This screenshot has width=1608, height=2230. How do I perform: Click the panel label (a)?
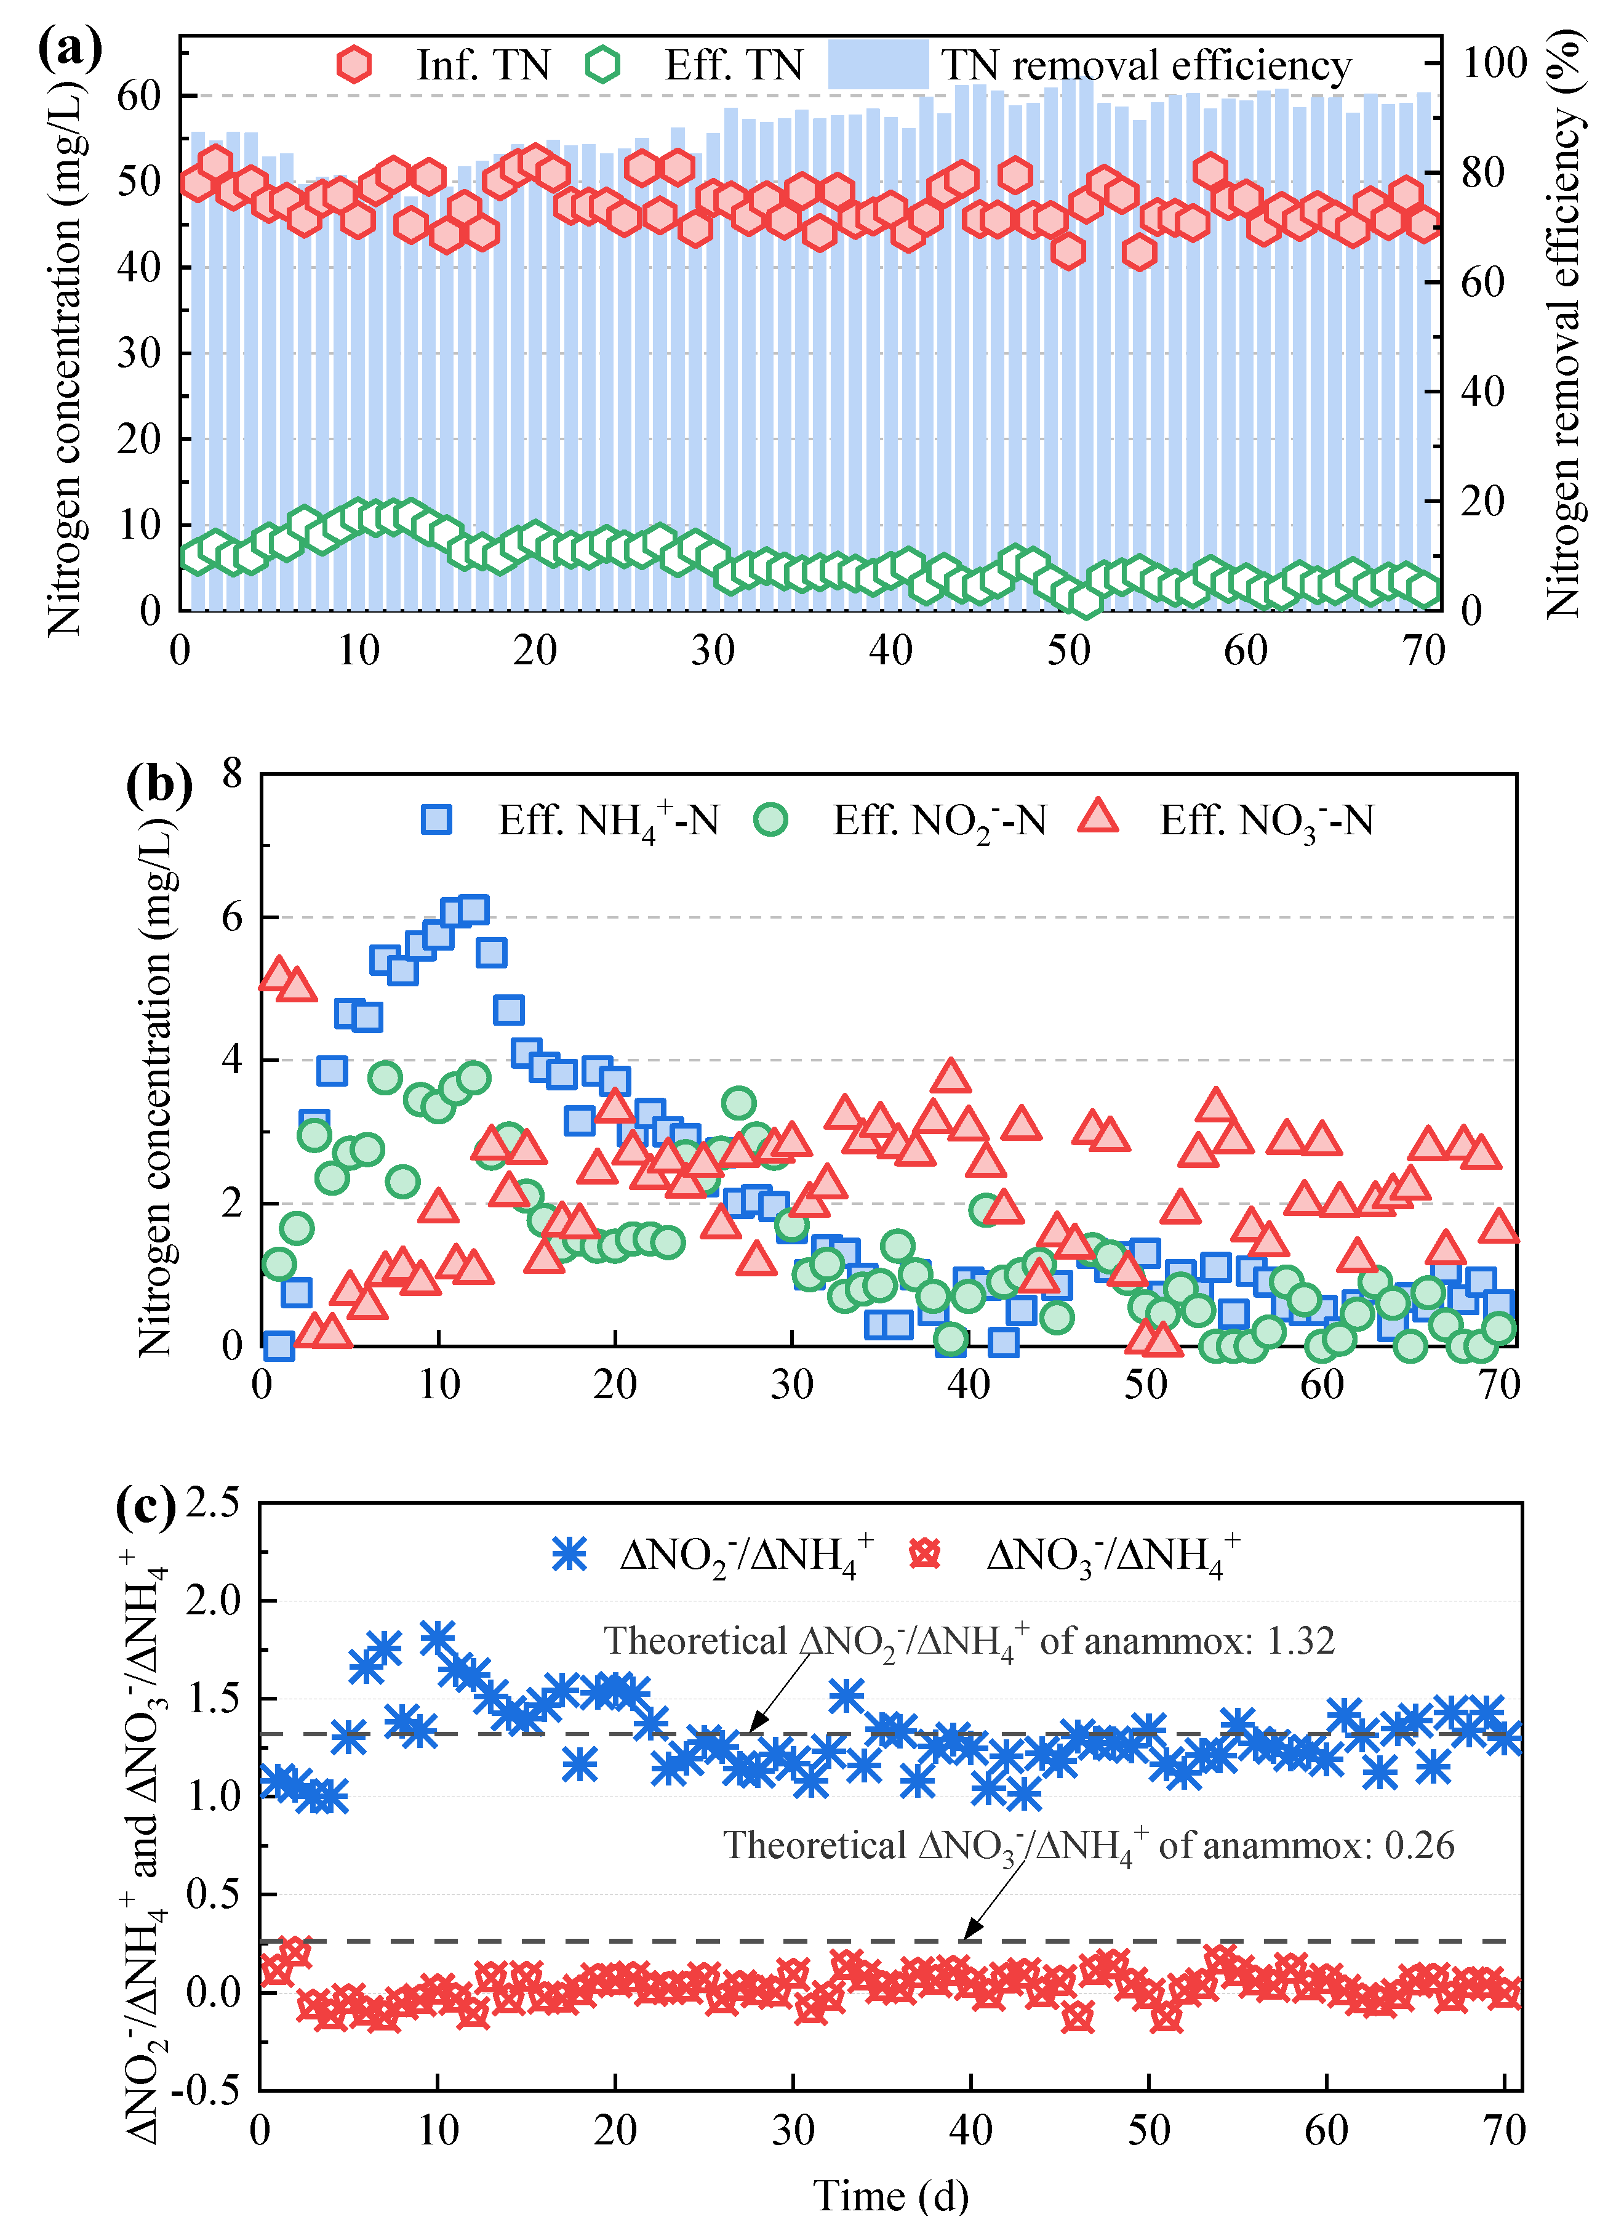(69, 49)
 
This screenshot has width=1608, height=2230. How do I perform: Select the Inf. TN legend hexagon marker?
(354, 65)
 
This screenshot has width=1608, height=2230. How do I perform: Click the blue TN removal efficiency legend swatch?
(878, 65)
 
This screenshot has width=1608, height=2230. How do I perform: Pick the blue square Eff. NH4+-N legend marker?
(436, 819)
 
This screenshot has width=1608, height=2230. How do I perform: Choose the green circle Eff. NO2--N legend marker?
(770, 819)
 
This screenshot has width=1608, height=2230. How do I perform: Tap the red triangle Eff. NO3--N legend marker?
(1098, 817)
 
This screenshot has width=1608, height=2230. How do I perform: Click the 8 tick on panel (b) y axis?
(232, 774)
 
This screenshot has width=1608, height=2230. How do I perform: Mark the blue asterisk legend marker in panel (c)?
(569, 1553)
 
